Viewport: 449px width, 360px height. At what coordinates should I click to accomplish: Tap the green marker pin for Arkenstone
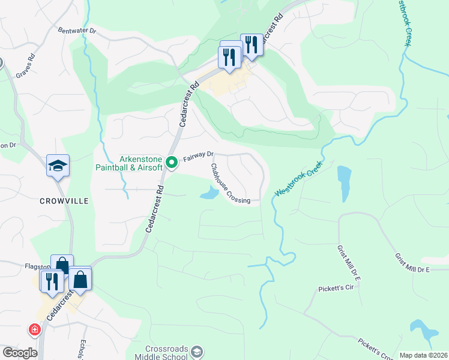pyautogui.click(x=171, y=163)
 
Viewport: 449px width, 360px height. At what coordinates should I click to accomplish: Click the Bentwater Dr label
pyautogui.click(x=77, y=29)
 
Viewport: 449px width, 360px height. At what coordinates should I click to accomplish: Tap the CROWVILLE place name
pyautogui.click(x=64, y=200)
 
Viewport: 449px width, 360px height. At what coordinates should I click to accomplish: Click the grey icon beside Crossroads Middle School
pyautogui.click(x=196, y=353)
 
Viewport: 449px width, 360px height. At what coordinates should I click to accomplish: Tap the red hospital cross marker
pyautogui.click(x=34, y=329)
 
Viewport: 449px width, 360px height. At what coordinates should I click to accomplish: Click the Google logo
pyautogui.click(x=20, y=353)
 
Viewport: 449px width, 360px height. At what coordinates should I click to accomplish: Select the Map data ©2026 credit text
pyautogui.click(x=424, y=355)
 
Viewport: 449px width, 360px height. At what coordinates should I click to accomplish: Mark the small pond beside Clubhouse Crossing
pyautogui.click(x=209, y=193)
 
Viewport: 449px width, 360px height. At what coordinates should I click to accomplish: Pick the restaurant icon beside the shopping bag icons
pyautogui.click(x=51, y=280)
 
